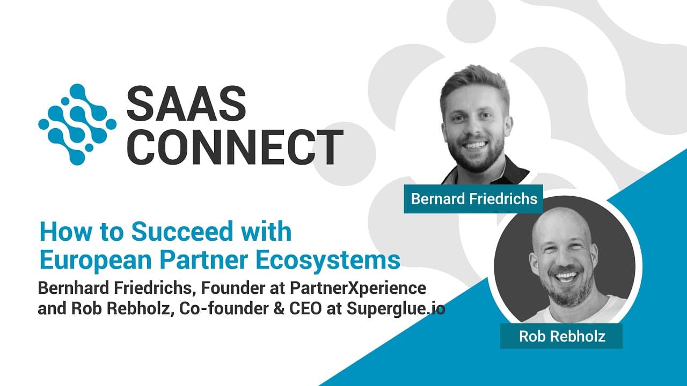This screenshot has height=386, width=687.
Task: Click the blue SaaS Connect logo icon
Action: click(x=77, y=123)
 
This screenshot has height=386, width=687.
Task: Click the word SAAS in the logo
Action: click(x=186, y=103)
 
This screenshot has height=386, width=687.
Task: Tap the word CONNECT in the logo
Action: click(x=235, y=146)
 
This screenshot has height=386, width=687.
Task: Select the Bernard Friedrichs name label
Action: click(x=474, y=199)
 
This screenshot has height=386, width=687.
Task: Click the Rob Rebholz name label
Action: click(x=562, y=336)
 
